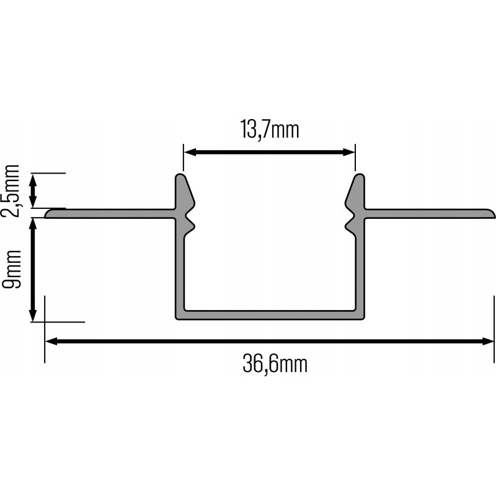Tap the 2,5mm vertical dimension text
(x=13, y=191)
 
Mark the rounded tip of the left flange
(x=48, y=214)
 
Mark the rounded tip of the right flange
(x=494, y=214)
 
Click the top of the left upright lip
(x=180, y=177)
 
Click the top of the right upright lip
(x=358, y=177)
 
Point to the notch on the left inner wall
(x=190, y=219)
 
